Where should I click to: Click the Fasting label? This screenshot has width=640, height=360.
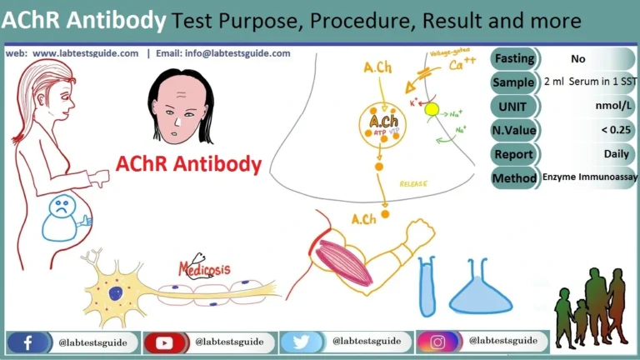click(x=514, y=59)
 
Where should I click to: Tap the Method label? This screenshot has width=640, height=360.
click(x=514, y=178)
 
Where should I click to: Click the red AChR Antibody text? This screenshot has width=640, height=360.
click(x=189, y=163)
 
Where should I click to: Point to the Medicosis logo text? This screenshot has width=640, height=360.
click(x=205, y=268)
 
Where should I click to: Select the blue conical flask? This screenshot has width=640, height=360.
click(x=482, y=290)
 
